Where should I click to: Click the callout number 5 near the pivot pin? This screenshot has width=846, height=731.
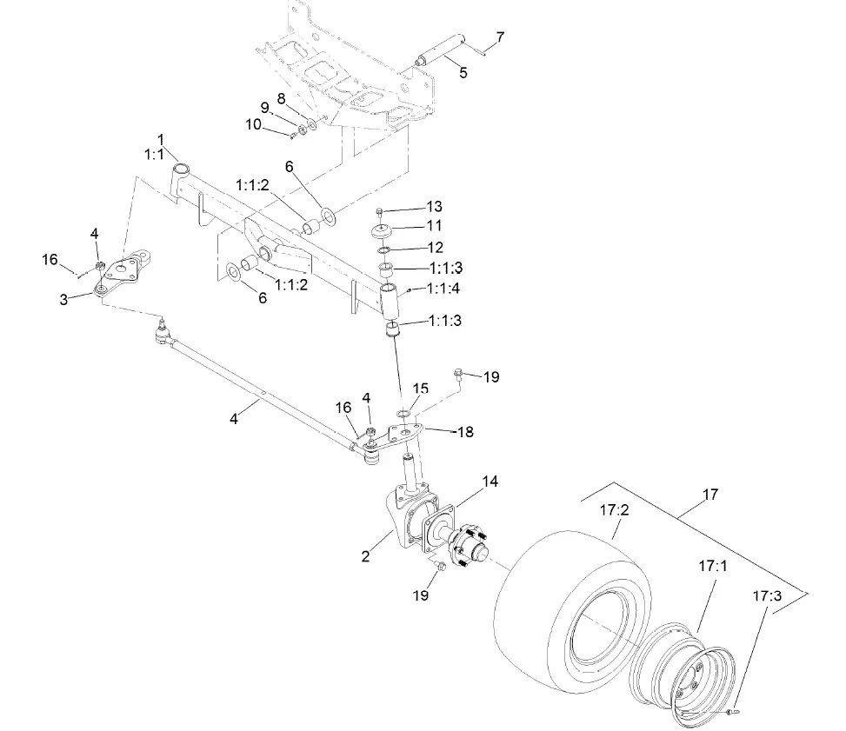pyautogui.click(x=463, y=73)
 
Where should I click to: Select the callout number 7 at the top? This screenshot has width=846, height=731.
pyautogui.click(x=499, y=37)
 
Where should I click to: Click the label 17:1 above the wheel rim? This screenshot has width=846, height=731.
pyautogui.click(x=712, y=565)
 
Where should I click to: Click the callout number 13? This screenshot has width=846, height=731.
pyautogui.click(x=435, y=207)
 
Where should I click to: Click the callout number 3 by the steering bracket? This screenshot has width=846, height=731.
pyautogui.click(x=63, y=299)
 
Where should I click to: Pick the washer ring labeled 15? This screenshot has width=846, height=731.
pyautogui.click(x=404, y=412)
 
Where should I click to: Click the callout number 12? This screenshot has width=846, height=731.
pyautogui.click(x=435, y=248)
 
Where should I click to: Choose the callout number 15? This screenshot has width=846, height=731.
pyautogui.click(x=421, y=389)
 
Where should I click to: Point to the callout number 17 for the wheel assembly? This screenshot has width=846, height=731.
pyautogui.click(x=710, y=495)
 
